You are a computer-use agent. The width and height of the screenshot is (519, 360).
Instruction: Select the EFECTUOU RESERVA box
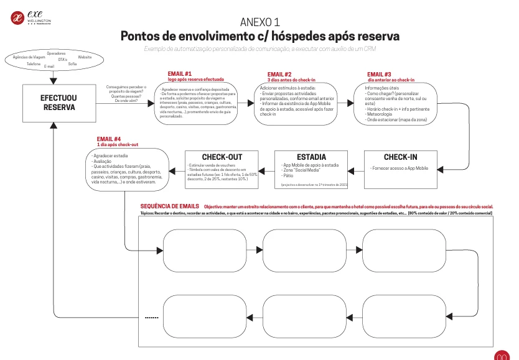click(x=59, y=103)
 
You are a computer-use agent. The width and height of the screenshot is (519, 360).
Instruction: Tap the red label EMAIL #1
click(x=179, y=74)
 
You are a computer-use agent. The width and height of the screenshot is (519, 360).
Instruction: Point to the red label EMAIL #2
click(x=279, y=74)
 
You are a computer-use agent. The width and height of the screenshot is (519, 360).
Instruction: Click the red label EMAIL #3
click(x=380, y=74)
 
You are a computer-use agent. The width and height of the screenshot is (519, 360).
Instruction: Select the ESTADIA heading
click(x=312, y=157)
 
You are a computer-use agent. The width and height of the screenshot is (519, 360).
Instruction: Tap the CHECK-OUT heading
click(x=222, y=157)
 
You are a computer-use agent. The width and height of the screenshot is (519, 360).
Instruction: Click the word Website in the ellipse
click(x=85, y=57)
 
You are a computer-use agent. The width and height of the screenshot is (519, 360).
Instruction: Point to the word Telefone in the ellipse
click(x=34, y=64)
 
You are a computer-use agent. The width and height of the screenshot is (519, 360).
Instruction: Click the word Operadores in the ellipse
click(x=56, y=53)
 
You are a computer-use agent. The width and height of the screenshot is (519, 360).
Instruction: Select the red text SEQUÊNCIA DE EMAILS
click(x=170, y=206)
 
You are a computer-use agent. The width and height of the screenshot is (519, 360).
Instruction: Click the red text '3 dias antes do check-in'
click(x=292, y=80)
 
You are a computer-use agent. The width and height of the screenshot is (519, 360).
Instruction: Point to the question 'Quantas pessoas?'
click(x=126, y=95)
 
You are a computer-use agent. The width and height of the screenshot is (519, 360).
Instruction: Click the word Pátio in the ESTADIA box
click(x=288, y=176)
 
